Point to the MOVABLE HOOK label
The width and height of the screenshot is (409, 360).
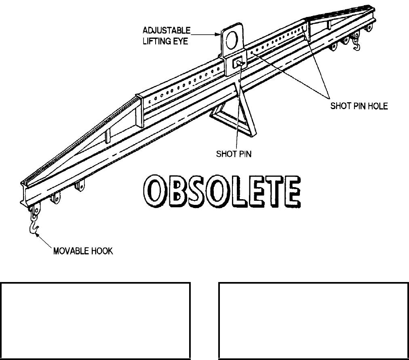tap(84, 251)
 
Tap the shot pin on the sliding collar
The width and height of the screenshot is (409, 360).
tap(238, 62)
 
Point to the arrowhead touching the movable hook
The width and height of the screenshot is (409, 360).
tap(38, 236)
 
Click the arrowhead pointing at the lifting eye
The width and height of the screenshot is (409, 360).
tap(219, 35)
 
